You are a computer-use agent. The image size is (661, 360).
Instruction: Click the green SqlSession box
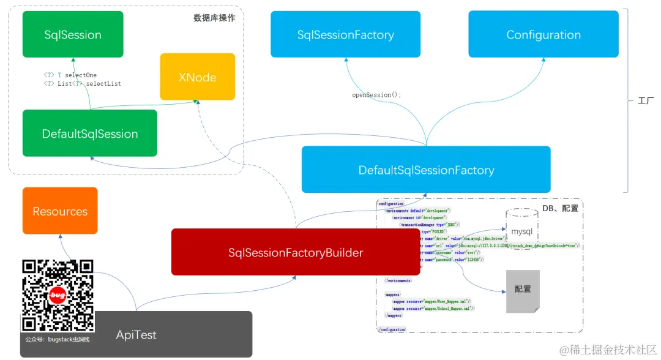tap(73, 34)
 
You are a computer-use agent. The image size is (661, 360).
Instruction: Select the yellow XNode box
tap(197, 77)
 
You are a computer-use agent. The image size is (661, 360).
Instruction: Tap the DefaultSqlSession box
tap(90, 133)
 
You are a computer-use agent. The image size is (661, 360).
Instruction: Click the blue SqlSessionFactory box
tap(345, 34)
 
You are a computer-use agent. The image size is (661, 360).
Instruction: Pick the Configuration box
tap(543, 34)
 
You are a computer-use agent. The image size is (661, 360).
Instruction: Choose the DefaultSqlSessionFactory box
tap(426, 170)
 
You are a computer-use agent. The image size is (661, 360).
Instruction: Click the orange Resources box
tap(60, 211)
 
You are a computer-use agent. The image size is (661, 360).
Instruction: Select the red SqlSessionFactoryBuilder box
tap(296, 252)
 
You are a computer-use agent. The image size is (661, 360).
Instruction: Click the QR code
tap(58, 296)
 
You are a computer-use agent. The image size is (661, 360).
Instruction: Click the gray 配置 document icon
tap(523, 290)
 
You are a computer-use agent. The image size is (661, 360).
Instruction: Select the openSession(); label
tap(376, 95)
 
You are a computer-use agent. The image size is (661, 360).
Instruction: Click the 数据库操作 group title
tap(214, 18)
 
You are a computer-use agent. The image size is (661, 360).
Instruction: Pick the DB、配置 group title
tap(560, 208)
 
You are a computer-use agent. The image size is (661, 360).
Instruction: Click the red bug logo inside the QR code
tap(58, 295)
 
